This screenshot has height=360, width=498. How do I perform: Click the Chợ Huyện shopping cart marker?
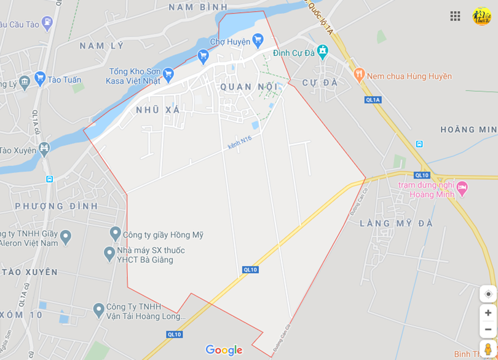pos(258,39)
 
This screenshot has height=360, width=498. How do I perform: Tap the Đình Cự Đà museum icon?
pos(322,50)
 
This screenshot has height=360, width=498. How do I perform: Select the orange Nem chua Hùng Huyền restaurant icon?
pos(360,75)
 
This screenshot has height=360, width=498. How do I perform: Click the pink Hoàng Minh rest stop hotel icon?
pos(462,186)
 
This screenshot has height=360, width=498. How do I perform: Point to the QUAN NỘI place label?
pos(250,87)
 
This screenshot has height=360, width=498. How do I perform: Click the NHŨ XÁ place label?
pos(158,110)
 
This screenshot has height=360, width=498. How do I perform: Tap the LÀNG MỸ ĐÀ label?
pos(396,223)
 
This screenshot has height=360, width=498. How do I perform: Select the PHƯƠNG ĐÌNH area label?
pos(57,206)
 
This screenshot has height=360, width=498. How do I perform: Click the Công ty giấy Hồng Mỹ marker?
pos(115,233)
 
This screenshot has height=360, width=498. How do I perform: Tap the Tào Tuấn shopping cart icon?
pos(41,78)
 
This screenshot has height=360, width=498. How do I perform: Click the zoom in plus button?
pos(488,313)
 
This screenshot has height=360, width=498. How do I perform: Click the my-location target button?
pos(488,294)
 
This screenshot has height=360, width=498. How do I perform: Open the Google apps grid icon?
pos(455,17)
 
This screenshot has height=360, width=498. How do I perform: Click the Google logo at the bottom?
pos(224,350)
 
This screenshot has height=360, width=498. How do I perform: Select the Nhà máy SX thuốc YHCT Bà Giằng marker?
pos(109,252)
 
